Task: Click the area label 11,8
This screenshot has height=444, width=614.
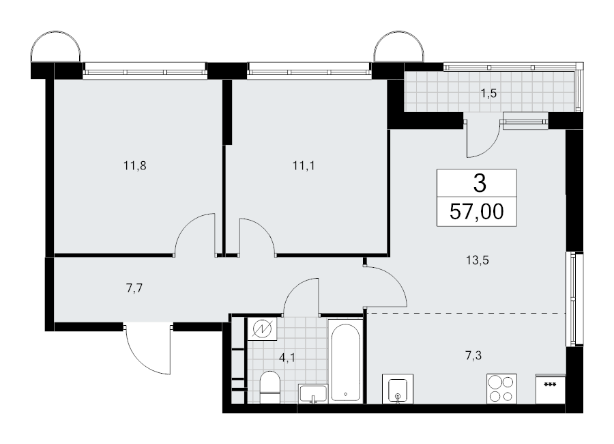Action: click(x=134, y=166)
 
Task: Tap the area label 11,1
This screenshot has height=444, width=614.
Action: click(x=304, y=166)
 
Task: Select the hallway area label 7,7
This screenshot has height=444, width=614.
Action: click(x=134, y=288)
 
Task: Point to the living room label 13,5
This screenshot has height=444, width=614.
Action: click(x=478, y=260)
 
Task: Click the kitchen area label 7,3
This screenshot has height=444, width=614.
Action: click(x=473, y=356)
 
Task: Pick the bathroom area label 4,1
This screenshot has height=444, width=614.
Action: click(x=287, y=358)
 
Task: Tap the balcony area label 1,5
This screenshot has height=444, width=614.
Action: click(x=488, y=94)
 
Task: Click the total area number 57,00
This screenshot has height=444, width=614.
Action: click(x=477, y=212)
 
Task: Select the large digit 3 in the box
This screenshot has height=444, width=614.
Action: click(x=480, y=183)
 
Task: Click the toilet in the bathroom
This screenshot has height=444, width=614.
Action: click(x=269, y=387)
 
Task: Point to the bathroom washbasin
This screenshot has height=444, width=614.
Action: click(x=312, y=393)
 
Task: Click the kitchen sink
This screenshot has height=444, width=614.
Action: click(x=398, y=389)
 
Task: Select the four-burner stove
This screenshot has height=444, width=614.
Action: click(x=501, y=388)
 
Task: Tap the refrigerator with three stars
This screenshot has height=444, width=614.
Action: click(x=550, y=388)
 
